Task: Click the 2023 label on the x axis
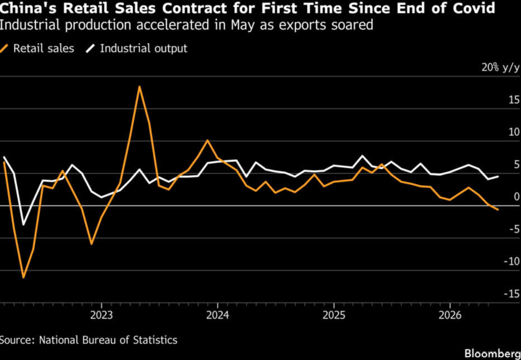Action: pyautogui.click(x=101, y=315)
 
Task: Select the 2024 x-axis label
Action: pyautogui.click(x=217, y=315)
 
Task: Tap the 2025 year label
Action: pyautogui.click(x=334, y=315)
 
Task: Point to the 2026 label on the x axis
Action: pyautogui.click(x=449, y=315)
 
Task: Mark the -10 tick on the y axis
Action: pyautogui.click(x=511, y=261)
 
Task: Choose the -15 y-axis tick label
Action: pyautogui.click(x=511, y=293)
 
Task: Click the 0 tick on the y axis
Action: pyautogui.click(x=517, y=196)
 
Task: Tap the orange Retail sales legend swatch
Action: pyautogui.click(x=4, y=49)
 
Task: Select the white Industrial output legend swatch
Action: pyautogui.click(x=91, y=49)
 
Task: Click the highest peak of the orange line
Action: pyautogui.click(x=140, y=87)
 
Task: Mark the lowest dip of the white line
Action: pyautogui.click(x=23, y=225)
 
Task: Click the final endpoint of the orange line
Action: pyautogui.click(x=498, y=210)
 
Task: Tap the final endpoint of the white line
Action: pyautogui.click(x=498, y=177)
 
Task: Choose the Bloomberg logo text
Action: pyautogui.click(x=492, y=352)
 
